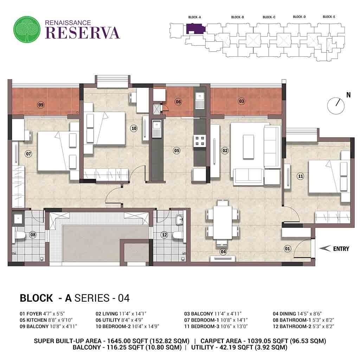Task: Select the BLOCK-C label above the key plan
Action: [269, 17]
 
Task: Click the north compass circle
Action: [334, 105]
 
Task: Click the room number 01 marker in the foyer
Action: [288, 249]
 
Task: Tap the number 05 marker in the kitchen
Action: [177, 150]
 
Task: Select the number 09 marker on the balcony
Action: [41, 105]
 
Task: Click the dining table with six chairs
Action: [223, 221]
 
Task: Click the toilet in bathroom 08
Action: [20, 235]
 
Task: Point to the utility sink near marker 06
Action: [199, 98]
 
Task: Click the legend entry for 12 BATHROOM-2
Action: [303, 326]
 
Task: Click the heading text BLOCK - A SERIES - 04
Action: [75, 298]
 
